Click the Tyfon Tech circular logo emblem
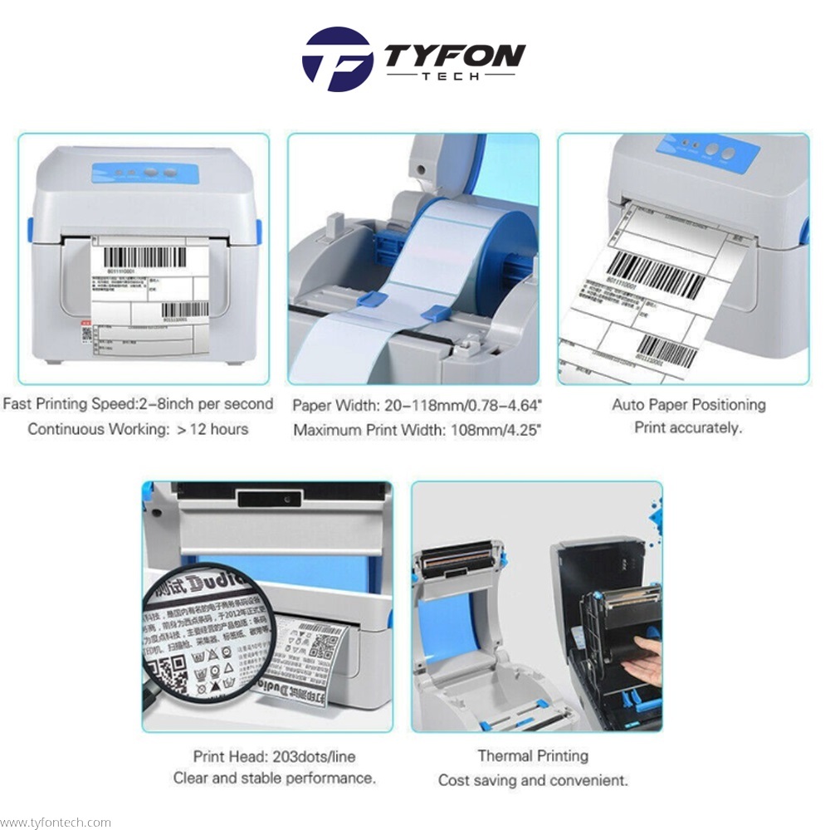(336, 60)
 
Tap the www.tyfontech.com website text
(56, 823)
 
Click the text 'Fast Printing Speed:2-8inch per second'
(138, 404)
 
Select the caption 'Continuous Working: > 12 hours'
(138, 429)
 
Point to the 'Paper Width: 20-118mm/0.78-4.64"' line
(417, 406)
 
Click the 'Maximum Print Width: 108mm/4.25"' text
(417, 431)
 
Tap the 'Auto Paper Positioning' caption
(688, 405)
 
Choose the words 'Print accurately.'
(688, 428)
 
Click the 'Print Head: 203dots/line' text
(275, 756)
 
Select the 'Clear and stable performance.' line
(275, 779)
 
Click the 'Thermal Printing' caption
(533, 756)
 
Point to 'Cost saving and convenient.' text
(533, 780)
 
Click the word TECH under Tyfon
(455, 76)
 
